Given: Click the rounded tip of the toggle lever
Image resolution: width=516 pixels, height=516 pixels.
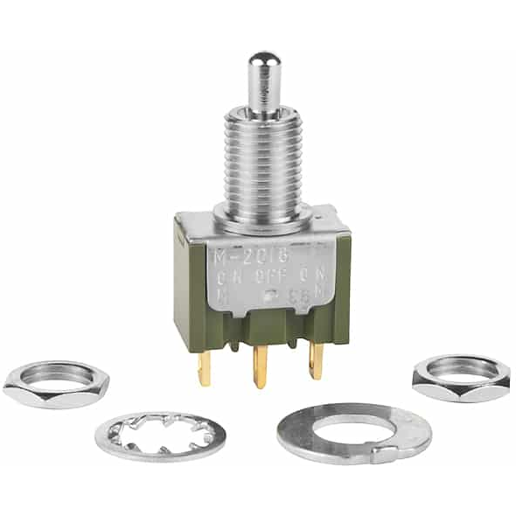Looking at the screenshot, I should tap(261, 63).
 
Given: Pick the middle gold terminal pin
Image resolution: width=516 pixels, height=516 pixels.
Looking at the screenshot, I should tap(260, 367).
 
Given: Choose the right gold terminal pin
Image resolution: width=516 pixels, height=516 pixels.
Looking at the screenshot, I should tap(316, 360).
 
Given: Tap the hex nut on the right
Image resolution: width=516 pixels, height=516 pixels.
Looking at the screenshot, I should tap(460, 377).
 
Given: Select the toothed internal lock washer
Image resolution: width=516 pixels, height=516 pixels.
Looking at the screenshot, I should tap(161, 436).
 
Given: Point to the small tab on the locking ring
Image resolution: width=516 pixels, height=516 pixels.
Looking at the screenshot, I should tap(386, 453).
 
